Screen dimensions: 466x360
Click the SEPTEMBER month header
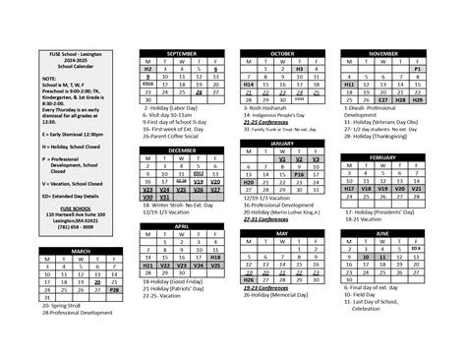click(182, 53)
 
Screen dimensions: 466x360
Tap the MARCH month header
click(80, 252)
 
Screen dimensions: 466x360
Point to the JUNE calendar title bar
click(382, 233)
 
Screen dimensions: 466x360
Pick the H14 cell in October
click(249, 86)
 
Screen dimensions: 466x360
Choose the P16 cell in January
click(299, 173)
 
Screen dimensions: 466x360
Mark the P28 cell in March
click(114, 291)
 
